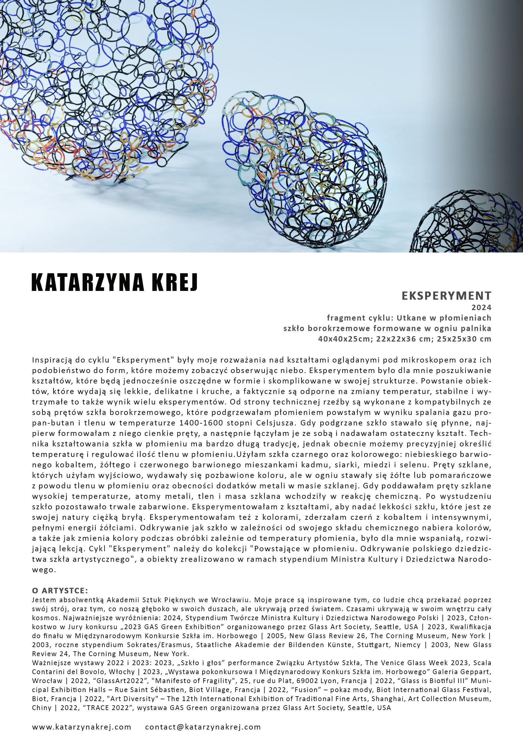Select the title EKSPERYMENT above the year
(x=446, y=296)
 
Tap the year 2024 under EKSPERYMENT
(x=482, y=307)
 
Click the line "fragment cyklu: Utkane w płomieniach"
(x=409, y=318)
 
